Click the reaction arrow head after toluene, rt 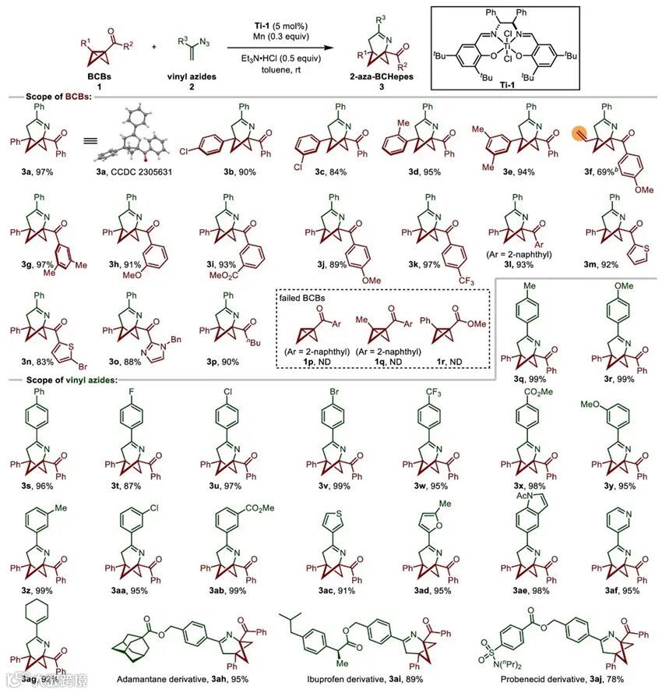click(x=323, y=47)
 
